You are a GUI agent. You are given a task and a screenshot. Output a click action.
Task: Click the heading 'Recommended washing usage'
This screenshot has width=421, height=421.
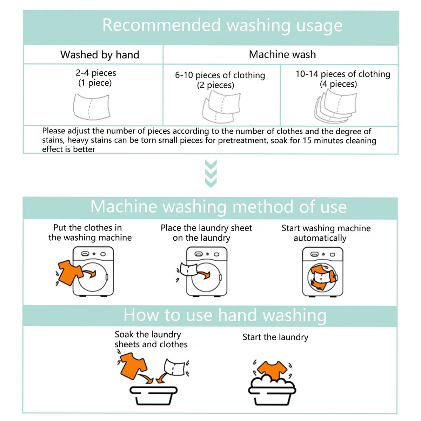point(222,26)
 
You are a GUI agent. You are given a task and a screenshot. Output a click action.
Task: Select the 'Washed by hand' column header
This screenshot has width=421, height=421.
point(100,55)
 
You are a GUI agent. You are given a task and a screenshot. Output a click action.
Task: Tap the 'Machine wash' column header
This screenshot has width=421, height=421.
point(282,54)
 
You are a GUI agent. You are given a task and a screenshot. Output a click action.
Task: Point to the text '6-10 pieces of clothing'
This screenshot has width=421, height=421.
point(220,75)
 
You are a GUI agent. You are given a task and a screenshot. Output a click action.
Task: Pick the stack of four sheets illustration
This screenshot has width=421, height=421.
point(336,106)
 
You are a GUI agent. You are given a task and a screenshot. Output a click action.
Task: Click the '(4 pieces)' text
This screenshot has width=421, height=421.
point(338,84)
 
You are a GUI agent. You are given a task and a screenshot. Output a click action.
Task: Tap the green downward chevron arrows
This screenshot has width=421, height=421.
point(210,174)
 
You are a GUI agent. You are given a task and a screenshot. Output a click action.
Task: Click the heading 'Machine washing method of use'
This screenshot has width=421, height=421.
point(218,207)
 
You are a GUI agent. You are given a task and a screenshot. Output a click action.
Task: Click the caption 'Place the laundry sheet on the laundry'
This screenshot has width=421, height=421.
point(206,233)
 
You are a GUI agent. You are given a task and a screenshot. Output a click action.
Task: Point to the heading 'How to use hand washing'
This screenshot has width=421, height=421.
point(225,315)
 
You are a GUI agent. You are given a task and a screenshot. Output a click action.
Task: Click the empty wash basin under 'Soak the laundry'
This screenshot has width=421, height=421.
point(153,395)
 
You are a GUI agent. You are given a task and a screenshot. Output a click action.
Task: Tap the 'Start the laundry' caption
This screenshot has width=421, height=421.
point(275,337)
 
